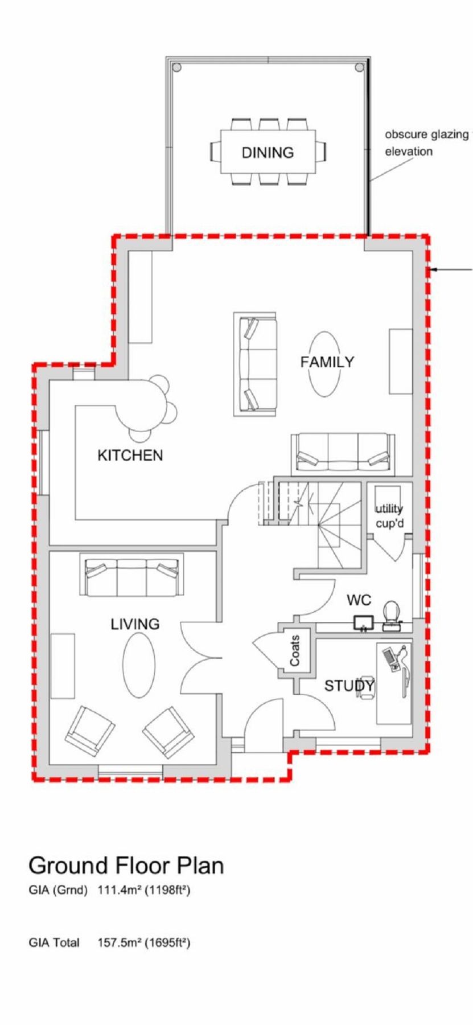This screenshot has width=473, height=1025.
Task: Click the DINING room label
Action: [x=268, y=153]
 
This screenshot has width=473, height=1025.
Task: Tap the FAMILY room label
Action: [x=327, y=362]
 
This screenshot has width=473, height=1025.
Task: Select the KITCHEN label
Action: [x=130, y=456]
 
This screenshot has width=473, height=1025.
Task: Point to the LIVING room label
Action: [x=135, y=624]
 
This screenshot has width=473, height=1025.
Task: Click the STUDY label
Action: [x=349, y=686]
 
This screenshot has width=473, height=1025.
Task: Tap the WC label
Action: [x=359, y=600]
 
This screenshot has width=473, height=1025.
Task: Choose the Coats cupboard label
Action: [x=295, y=651]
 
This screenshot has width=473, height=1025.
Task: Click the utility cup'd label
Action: [x=389, y=516]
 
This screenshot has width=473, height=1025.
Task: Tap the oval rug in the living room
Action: [x=139, y=665]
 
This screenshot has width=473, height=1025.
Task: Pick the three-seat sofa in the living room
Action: [x=132, y=575]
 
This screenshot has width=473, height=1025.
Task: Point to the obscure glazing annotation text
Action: [x=426, y=143]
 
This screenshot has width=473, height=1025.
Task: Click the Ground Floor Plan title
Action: [x=126, y=866]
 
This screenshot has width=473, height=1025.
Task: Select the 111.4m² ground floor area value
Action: [x=120, y=891]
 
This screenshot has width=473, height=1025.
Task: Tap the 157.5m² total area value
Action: [x=120, y=943]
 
